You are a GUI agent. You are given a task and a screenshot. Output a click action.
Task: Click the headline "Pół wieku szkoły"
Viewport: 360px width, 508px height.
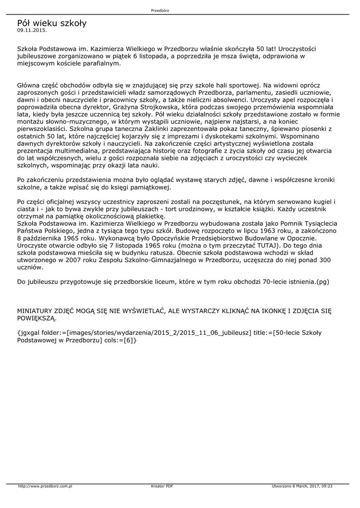click(x=52, y=23)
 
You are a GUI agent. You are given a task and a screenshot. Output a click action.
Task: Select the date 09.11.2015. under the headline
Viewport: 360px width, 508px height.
click(x=32, y=30)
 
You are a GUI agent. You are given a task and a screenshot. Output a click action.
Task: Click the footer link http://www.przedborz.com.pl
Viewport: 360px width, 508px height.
click(x=45, y=486)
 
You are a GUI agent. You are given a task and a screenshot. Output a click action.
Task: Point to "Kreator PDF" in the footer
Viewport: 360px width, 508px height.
click(x=161, y=486)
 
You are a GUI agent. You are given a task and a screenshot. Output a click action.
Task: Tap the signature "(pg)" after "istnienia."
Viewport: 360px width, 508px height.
click(x=323, y=281)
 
